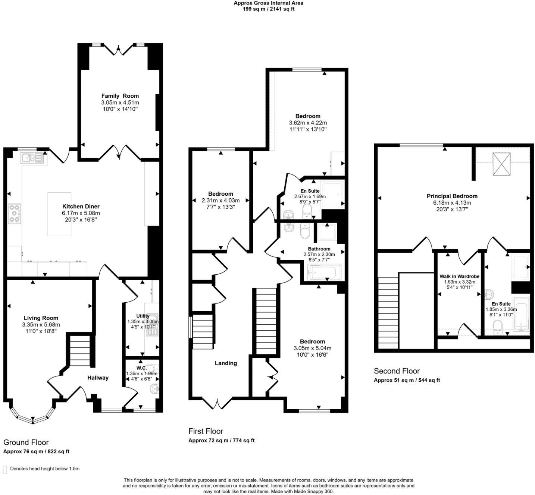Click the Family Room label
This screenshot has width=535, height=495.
pyautogui.click(x=120, y=96)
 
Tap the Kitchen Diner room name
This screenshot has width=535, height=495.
pyautogui.click(x=81, y=206)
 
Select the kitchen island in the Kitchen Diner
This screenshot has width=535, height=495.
pyautogui.click(x=59, y=214)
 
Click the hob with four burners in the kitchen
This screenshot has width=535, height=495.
pyautogui.click(x=15, y=214)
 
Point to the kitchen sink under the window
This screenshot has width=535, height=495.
pyautogui.click(x=32, y=158)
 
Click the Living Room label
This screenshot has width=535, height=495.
pyautogui.click(x=41, y=318)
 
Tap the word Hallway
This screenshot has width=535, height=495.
pyautogui.click(x=98, y=378)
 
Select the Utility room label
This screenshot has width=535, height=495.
pyautogui.click(x=143, y=316)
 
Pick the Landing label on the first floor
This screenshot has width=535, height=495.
pyautogui.click(x=226, y=363)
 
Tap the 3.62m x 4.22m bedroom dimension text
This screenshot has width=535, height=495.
pyautogui.click(x=308, y=123)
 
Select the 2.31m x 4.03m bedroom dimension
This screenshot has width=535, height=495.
pyautogui.click(x=220, y=200)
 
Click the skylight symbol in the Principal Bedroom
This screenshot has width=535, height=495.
pyautogui.click(x=501, y=164)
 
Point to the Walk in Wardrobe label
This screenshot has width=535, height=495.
pyautogui.click(x=459, y=276)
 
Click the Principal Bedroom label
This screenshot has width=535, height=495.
pyautogui.click(x=452, y=196)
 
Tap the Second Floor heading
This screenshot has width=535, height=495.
pyautogui.click(x=397, y=371)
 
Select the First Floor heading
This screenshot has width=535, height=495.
pyautogui.click(x=206, y=431)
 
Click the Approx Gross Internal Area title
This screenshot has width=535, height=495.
pyautogui.click(x=268, y=3)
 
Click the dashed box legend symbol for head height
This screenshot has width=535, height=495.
pyautogui.click(x=5, y=469)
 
